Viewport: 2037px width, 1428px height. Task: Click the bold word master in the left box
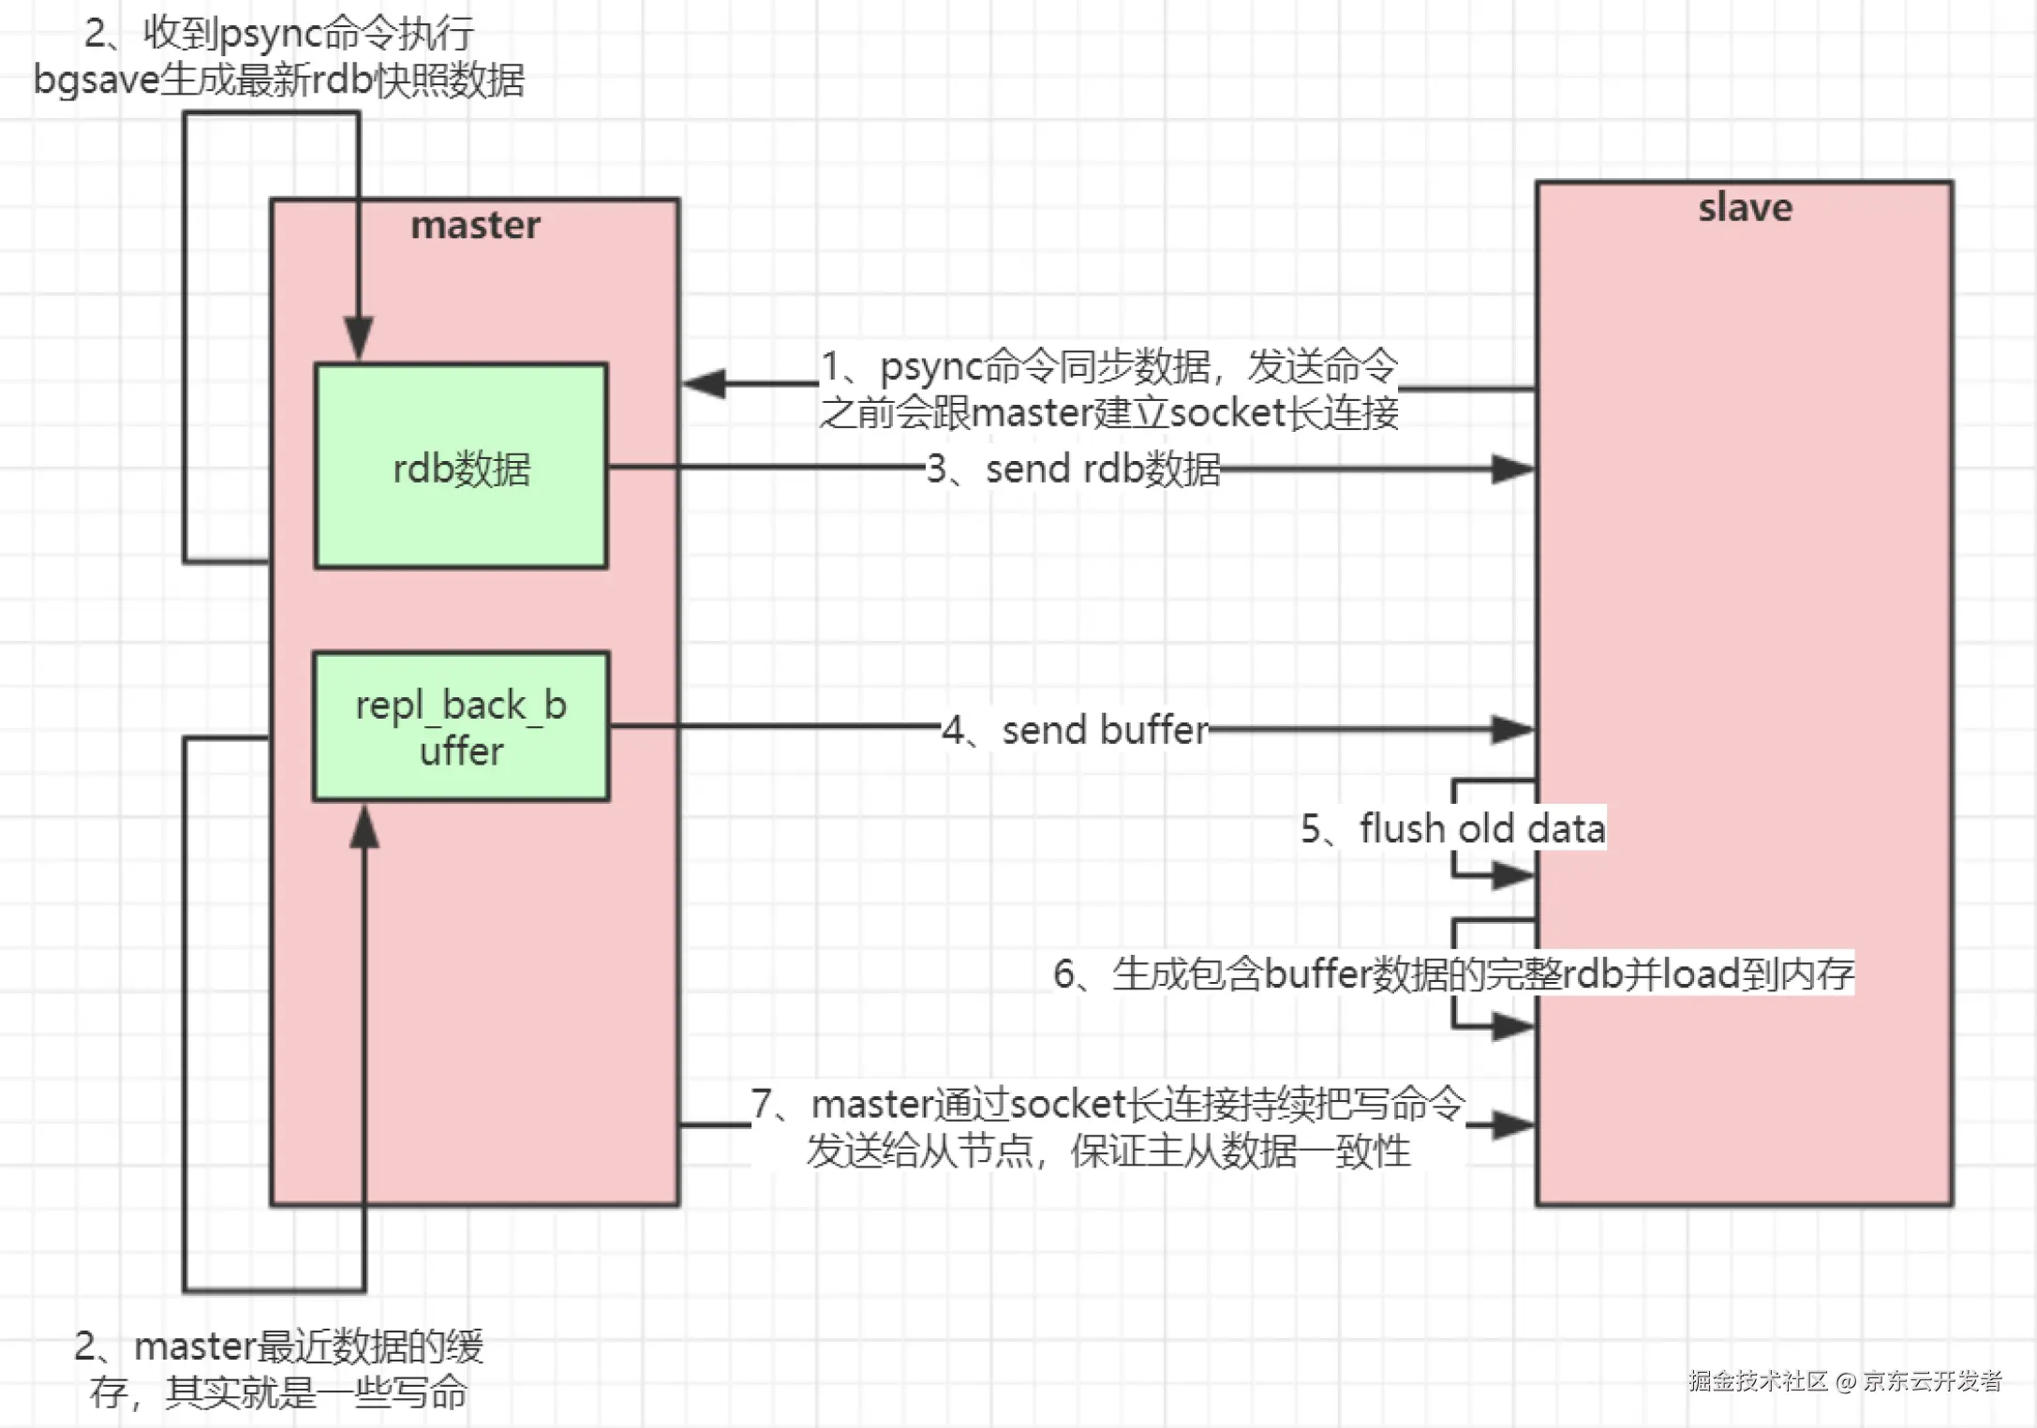[x=475, y=226]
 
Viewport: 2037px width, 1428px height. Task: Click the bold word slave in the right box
[x=1745, y=208]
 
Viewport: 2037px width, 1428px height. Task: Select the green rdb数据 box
[x=461, y=467]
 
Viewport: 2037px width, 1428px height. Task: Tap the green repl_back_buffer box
[x=461, y=726]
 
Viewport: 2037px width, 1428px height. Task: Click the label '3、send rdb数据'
[x=1074, y=469]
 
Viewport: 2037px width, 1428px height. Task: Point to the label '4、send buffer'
[x=1076, y=730]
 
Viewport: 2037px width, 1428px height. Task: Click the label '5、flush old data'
[x=1453, y=828]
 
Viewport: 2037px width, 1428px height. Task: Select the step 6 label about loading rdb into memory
[x=1453, y=974]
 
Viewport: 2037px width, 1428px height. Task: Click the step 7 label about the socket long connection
[x=1108, y=1127]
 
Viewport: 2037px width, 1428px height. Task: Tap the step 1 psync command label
[x=1109, y=389]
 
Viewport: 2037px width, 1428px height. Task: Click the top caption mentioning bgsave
[x=279, y=57]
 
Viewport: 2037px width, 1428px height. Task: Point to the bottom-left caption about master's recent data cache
[x=279, y=1369]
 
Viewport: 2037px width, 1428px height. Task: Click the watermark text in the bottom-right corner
[x=1845, y=1380]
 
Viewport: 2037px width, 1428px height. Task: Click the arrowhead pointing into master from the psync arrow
[x=705, y=383]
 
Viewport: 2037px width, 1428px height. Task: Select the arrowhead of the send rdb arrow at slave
[x=1512, y=469]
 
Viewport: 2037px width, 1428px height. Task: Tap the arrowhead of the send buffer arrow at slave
[x=1512, y=729]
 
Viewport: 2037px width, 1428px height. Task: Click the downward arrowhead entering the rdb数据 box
[x=358, y=337]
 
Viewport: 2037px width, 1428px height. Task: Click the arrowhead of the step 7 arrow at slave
[x=1512, y=1124]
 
